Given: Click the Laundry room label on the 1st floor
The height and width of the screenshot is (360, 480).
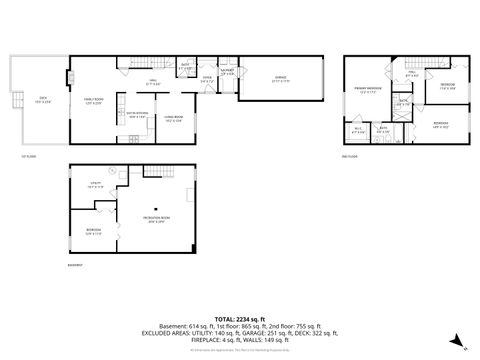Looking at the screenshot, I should click(x=227, y=73).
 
